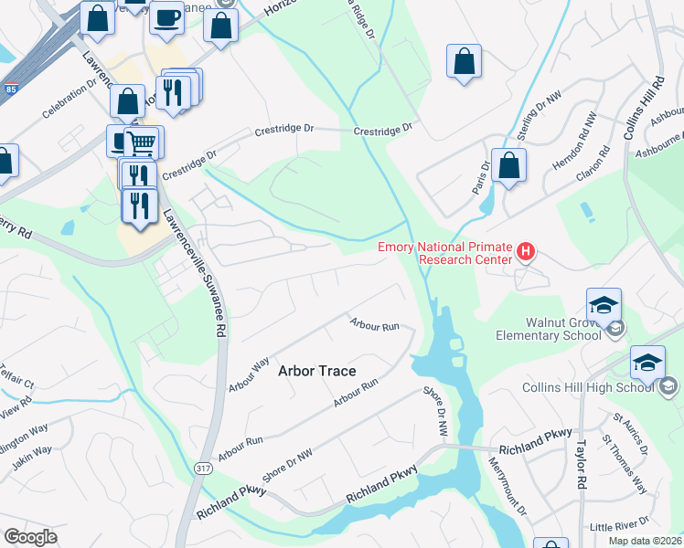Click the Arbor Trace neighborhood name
pos(316,371)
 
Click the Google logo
pos(30,537)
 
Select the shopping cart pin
pos(140,142)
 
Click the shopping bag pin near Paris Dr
pos(508,166)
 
